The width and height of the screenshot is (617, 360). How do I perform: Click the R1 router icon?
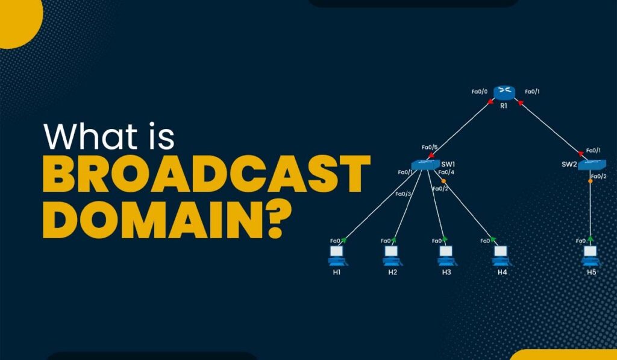tap(504, 92)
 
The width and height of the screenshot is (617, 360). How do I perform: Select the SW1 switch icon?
tap(425, 165)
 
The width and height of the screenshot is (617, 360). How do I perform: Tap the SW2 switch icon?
tap(592, 164)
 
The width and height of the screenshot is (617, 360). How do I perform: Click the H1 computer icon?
tap(337, 254)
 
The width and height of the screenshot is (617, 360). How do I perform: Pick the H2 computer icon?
tap(392, 254)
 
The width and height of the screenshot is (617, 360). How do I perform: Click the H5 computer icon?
tap(591, 254)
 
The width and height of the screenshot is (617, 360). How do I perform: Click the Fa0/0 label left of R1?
tap(480, 92)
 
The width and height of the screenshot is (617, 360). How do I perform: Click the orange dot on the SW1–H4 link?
tap(443, 181)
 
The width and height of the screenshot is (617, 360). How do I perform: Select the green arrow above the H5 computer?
tap(591, 239)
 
